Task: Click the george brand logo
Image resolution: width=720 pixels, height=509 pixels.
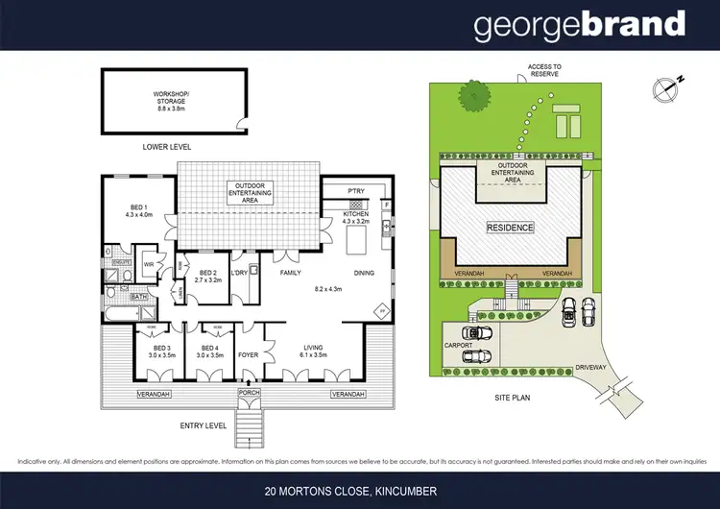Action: pos(580,25)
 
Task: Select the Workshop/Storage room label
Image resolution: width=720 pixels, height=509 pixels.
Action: pos(173,100)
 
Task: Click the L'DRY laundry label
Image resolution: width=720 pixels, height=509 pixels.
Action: pos(240,274)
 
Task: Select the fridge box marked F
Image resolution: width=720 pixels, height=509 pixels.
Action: pos(386,205)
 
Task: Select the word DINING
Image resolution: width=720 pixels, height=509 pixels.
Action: pos(364,274)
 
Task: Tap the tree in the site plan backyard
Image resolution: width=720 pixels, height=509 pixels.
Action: pos(474,96)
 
